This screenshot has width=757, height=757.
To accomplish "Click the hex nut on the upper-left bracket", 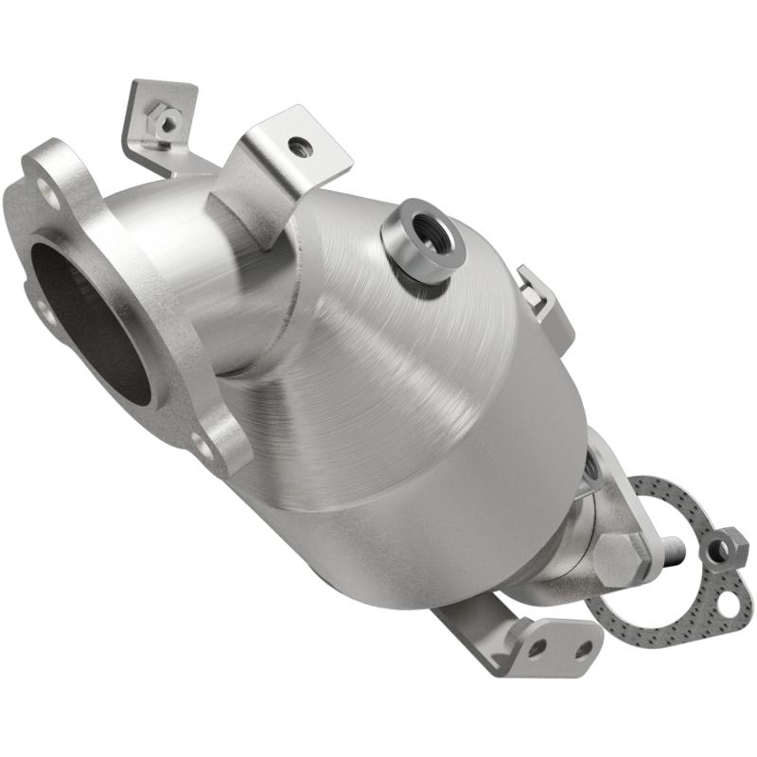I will click(167, 121).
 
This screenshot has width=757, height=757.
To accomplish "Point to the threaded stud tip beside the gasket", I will click(674, 548).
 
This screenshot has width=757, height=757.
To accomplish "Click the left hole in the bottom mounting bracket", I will click(537, 647).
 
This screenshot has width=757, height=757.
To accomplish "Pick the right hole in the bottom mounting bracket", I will click(584, 649).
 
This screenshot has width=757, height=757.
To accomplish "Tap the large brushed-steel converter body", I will click(397, 397).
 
